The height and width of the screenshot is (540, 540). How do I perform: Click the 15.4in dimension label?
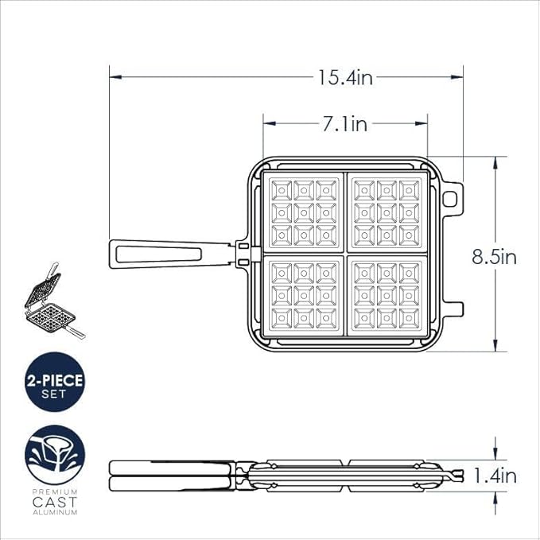point(345,78)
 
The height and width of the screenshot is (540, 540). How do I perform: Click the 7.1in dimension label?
point(345,124)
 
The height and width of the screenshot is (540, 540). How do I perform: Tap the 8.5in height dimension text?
point(494,257)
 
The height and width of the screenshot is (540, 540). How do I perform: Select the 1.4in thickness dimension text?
point(495,476)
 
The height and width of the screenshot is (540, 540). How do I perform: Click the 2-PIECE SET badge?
point(55,382)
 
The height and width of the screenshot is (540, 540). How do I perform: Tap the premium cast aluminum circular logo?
point(55,455)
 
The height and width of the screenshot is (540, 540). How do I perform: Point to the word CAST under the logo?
point(55,502)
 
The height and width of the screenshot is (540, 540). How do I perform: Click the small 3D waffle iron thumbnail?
point(55,301)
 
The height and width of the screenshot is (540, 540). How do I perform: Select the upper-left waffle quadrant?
point(304,212)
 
